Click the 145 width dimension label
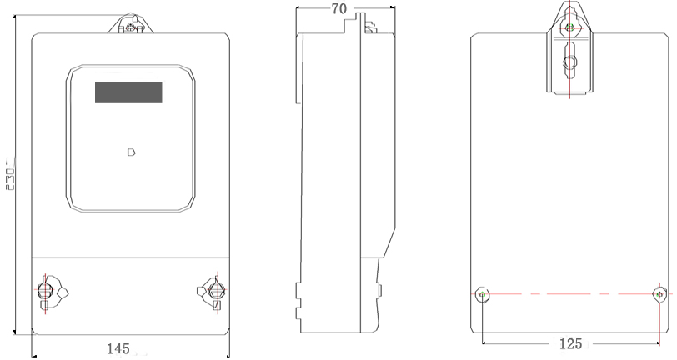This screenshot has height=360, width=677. coord(118,348)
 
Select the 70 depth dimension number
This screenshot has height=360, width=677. coord(339,8)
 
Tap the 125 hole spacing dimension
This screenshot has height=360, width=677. coord(570,344)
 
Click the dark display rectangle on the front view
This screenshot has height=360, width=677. coord(128,92)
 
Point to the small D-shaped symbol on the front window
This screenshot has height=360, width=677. coord(132,152)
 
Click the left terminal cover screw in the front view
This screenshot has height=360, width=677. coord(44,291)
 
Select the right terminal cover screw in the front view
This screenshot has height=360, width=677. coord(216,291)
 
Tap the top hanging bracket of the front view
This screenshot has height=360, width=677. coord(130,23)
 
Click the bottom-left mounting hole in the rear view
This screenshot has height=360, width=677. coord(482,295)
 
